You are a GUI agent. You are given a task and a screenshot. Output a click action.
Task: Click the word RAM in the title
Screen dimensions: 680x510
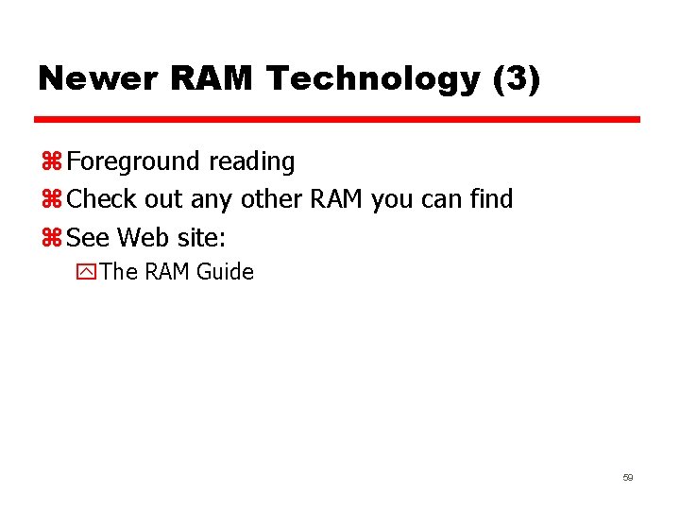(x=213, y=79)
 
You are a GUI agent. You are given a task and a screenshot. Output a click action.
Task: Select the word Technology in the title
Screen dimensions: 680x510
(x=373, y=79)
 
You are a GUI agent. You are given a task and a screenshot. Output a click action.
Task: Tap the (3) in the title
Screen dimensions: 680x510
(x=517, y=79)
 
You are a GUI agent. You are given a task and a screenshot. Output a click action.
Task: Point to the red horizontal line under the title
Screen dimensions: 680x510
(x=337, y=120)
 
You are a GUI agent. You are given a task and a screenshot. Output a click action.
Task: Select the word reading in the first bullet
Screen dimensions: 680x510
(x=252, y=162)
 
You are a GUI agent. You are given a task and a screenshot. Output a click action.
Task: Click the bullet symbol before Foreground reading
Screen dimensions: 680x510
(x=52, y=162)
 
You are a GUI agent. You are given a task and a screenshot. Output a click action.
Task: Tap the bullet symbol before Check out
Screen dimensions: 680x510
(x=52, y=200)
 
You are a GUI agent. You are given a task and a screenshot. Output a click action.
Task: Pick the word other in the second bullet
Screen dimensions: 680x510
(x=272, y=199)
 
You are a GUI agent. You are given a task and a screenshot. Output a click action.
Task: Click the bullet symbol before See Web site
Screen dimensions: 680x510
(x=52, y=237)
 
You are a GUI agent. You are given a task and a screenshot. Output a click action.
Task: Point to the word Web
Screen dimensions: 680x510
(x=139, y=237)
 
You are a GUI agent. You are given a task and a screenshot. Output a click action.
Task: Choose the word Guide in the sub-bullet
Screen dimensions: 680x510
(x=226, y=272)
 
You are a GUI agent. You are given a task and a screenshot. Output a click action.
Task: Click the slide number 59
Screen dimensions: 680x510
(x=627, y=478)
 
